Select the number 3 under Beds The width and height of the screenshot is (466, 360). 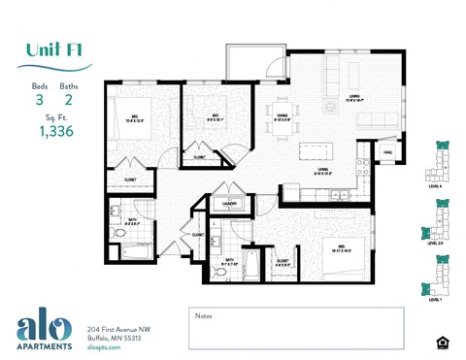40,99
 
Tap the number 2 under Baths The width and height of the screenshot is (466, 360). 68,99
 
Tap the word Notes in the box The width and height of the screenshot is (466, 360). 203,315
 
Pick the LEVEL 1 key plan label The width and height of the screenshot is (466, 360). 435,301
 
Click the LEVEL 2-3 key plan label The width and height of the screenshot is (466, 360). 435,244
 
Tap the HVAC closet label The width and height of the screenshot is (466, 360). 385,152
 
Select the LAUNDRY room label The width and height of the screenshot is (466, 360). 230,204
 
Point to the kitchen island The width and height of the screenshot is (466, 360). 313,151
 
